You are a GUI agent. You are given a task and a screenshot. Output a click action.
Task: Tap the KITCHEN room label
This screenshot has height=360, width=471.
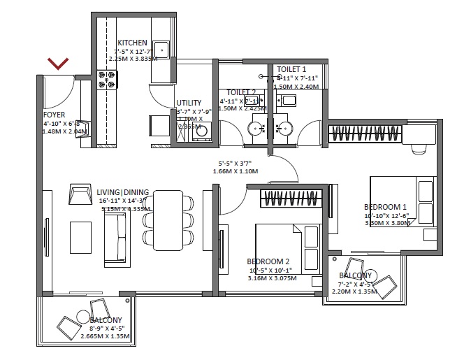(x=132, y=42)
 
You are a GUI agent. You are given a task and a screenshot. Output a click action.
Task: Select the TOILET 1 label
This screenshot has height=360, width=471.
(x=291, y=69)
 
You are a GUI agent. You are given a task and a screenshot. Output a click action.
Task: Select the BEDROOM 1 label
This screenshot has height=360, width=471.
(x=385, y=207)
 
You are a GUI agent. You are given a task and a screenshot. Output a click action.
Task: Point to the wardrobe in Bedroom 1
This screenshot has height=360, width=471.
(x=366, y=132)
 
